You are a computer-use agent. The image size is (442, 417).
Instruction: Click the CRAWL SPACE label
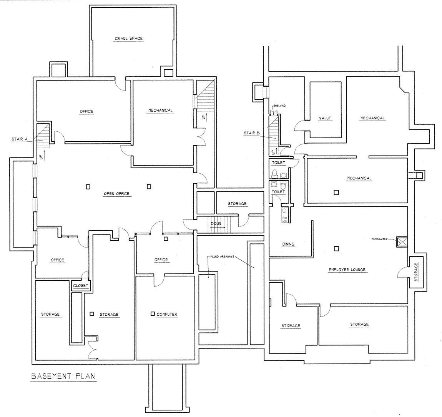pos(128,39)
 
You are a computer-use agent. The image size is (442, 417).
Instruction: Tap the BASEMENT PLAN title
pos(63,376)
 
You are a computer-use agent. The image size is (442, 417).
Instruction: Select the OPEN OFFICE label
pos(117,194)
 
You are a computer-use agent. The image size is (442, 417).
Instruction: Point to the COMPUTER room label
pos(167,314)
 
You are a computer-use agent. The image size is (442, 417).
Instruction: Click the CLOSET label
pos(81,286)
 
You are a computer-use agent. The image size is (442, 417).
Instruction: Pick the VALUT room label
pos(325,118)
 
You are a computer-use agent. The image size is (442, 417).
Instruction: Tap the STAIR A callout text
pos(20,139)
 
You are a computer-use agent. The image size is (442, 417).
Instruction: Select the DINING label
pos(288,244)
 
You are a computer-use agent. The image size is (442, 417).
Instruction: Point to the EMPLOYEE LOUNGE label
pos(347,270)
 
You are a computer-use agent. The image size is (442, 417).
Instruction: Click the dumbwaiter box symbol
pos(402,242)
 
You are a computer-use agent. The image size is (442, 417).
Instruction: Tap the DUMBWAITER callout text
pos(379,239)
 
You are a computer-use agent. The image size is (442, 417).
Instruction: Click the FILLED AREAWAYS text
pos(223,257)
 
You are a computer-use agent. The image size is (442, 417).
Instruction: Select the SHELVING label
pos(280,106)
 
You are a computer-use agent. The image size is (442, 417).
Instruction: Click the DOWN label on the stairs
pos(216,224)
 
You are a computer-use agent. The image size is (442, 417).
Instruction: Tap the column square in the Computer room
pos(153,314)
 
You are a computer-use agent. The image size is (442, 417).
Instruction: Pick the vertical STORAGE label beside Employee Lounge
pos(416,272)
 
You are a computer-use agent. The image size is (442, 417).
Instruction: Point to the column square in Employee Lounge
pos(336,249)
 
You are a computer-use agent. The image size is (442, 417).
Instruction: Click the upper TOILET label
pos(278,163)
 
